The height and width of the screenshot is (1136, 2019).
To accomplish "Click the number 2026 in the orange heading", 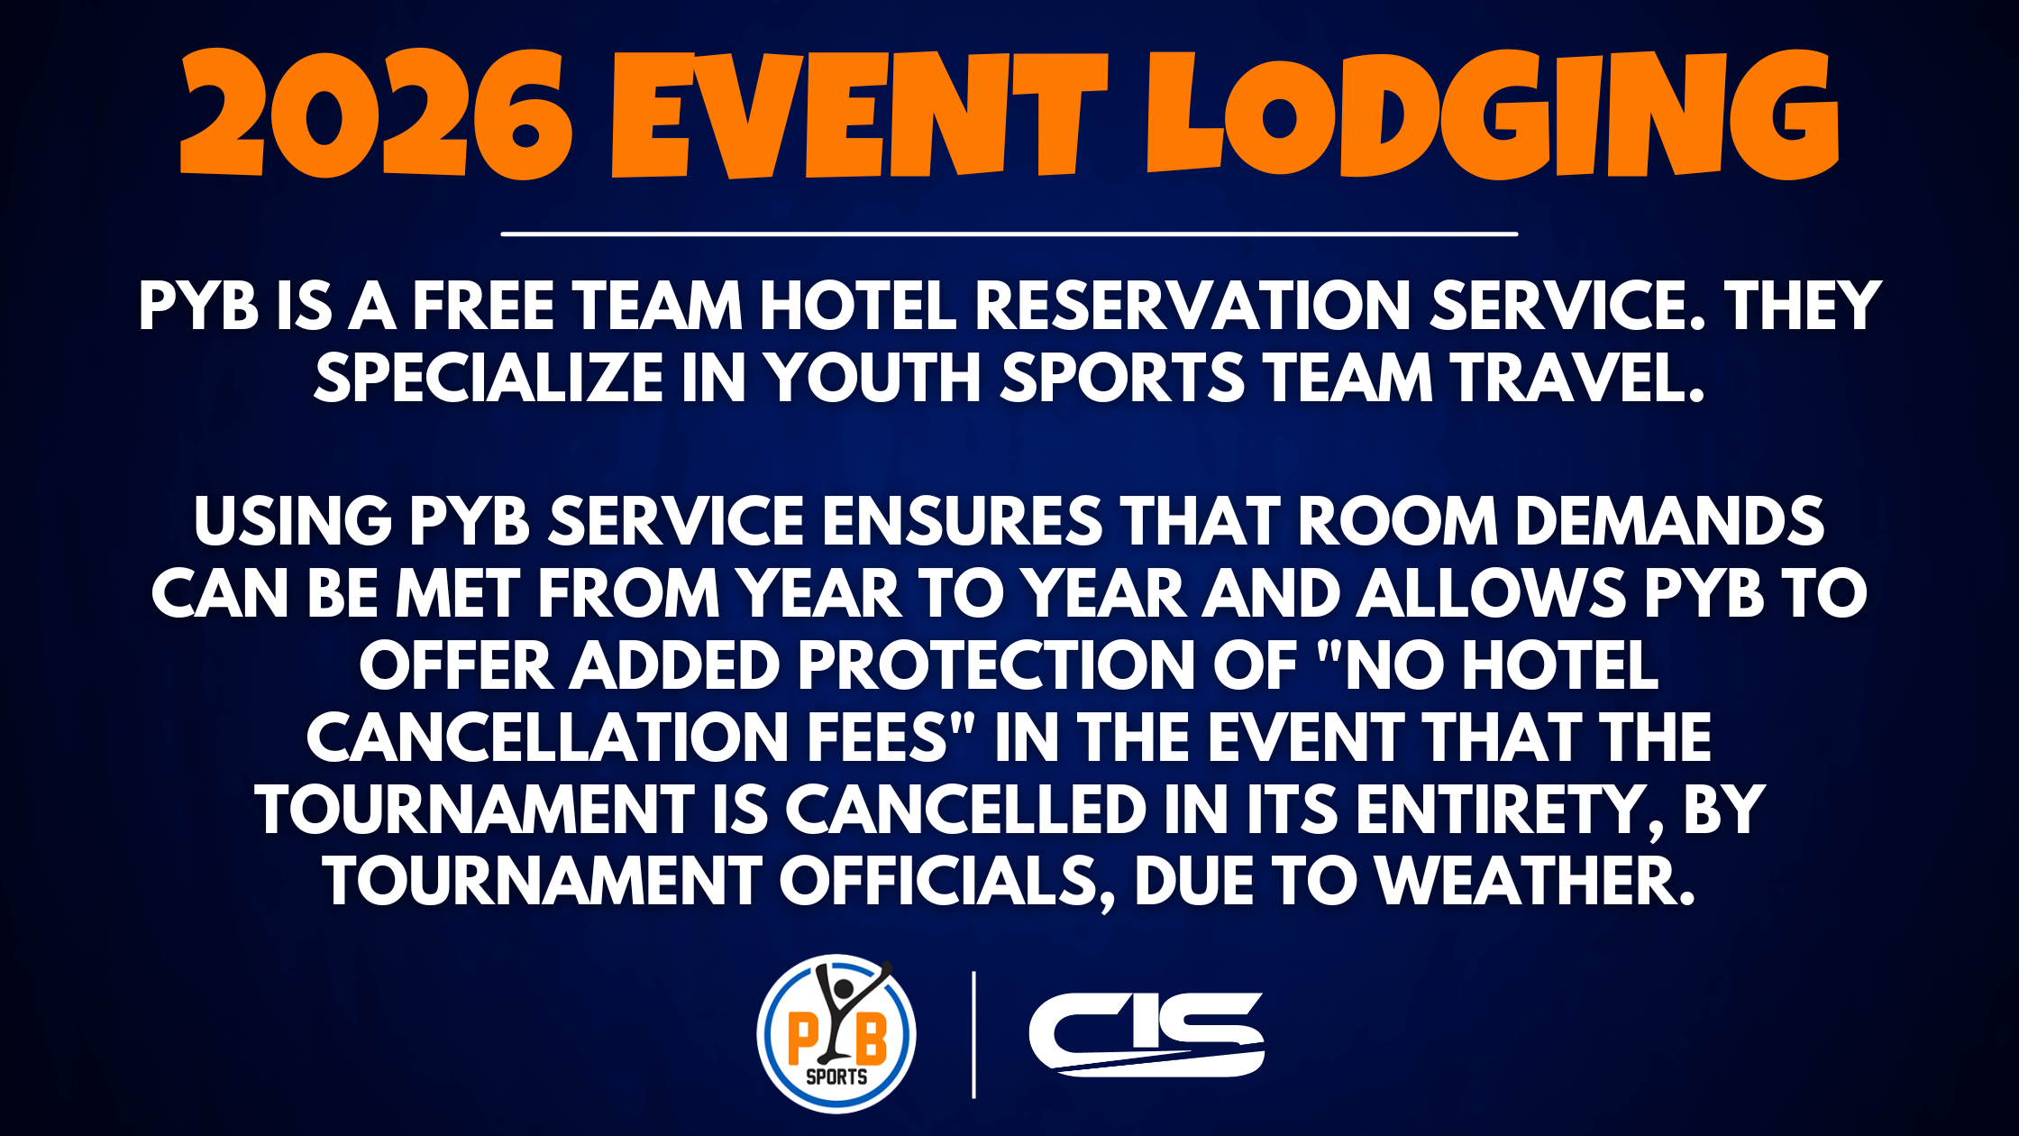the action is click(x=377, y=114).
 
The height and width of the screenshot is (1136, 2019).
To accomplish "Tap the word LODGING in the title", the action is click(x=1493, y=114).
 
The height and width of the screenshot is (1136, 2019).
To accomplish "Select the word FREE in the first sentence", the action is click(x=483, y=306).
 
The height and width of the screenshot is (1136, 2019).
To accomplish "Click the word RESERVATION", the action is click(x=1192, y=306).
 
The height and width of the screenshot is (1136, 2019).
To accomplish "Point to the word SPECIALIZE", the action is click(x=489, y=377).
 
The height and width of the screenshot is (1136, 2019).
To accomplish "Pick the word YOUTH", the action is click(x=874, y=377).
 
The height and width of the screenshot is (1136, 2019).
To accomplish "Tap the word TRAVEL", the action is click(x=1578, y=377).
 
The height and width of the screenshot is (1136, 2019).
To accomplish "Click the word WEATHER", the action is click(x=1537, y=882).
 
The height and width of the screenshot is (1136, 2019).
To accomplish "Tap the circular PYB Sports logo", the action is click(x=836, y=1034).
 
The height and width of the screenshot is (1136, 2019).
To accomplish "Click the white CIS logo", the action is click(x=1147, y=1034).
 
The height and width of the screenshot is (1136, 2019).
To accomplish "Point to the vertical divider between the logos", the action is click(x=973, y=1034).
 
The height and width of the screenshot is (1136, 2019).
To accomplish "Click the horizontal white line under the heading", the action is click(x=1009, y=234).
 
